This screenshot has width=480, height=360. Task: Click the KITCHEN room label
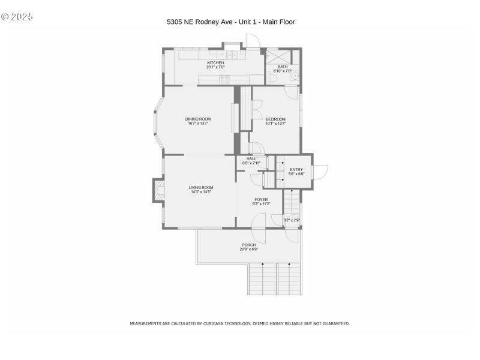click(x=215, y=63)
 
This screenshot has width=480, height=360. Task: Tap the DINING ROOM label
click(x=198, y=119)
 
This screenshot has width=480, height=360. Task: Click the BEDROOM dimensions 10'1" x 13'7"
click(x=275, y=124)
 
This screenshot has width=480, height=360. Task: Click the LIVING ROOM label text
click(x=200, y=187)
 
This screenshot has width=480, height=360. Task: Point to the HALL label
click(x=251, y=158)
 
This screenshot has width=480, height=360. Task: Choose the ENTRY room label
click(x=296, y=169)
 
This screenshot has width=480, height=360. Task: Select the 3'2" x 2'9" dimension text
click(x=292, y=220)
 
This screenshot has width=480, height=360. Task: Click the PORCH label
click(x=248, y=244)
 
